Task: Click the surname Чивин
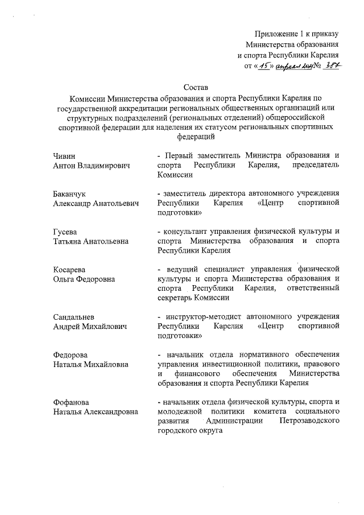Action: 63,155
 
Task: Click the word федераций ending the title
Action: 196,137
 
